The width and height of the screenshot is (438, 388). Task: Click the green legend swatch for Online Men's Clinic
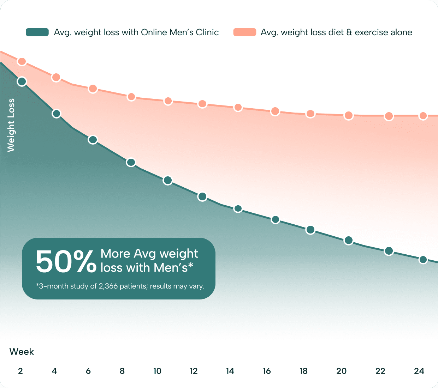(37, 32)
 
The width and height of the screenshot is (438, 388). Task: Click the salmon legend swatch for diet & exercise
(244, 32)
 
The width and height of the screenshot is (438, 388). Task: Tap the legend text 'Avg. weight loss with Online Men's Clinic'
(136, 32)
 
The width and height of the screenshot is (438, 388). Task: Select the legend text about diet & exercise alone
(336, 32)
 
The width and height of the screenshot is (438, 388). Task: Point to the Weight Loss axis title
(11, 125)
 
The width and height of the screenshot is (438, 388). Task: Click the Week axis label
(22, 352)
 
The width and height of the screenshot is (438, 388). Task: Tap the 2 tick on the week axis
(20, 371)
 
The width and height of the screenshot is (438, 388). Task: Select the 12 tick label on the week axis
(194, 371)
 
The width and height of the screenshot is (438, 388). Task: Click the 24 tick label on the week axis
(419, 371)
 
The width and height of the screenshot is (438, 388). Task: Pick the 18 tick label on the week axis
(303, 371)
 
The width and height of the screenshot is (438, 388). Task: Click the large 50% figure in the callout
(66, 262)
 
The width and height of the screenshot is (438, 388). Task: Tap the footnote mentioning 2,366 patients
(120, 286)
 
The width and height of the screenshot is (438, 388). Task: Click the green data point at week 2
(22, 81)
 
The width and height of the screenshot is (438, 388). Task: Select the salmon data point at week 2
(22, 61)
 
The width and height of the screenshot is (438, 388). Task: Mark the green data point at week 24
(423, 260)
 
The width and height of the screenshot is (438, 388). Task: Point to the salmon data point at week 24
(423, 116)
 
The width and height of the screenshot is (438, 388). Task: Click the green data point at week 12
(202, 196)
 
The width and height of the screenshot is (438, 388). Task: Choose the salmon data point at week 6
(93, 89)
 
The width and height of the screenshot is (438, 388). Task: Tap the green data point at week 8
(131, 162)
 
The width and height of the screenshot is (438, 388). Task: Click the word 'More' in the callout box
(115, 254)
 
